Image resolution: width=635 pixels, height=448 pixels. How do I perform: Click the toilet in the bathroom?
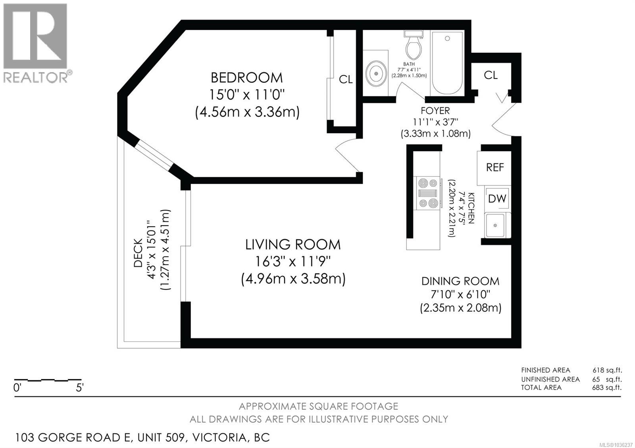pyautogui.click(x=413, y=45)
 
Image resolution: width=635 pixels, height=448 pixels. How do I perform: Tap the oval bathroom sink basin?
pyautogui.click(x=376, y=74)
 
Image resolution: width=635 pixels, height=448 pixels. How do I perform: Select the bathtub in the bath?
pyautogui.click(x=447, y=63)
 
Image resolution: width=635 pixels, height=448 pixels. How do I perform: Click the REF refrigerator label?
pyautogui.click(x=495, y=167)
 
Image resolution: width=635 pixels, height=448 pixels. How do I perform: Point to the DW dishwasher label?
pyautogui.click(x=497, y=199)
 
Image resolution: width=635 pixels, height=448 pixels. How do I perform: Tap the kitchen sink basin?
pyautogui.click(x=495, y=226)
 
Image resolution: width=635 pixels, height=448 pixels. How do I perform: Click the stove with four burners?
pyautogui.click(x=428, y=193)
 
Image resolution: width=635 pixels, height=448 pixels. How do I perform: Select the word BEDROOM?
pyautogui.click(x=246, y=78)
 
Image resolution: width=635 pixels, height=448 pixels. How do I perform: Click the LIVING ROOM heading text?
pyautogui.click(x=293, y=244)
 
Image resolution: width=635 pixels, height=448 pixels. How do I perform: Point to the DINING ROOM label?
pyautogui.click(x=460, y=281)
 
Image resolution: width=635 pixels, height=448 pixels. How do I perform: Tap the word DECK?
pyautogui.click(x=138, y=253)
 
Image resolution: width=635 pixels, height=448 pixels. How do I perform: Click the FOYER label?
pyautogui.click(x=435, y=111)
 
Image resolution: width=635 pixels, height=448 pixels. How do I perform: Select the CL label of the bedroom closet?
pyautogui.click(x=346, y=80)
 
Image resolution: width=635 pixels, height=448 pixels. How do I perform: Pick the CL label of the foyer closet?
pyautogui.click(x=491, y=75)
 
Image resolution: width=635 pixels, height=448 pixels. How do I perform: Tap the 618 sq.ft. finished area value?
pyautogui.click(x=607, y=370)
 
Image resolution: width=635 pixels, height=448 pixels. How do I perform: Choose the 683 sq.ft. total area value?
pyautogui.click(x=607, y=387)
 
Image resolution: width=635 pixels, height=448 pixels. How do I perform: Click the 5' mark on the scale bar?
pyautogui.click(x=80, y=388)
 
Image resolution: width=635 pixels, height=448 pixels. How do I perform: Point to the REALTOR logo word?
pyautogui.click(x=35, y=77)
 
